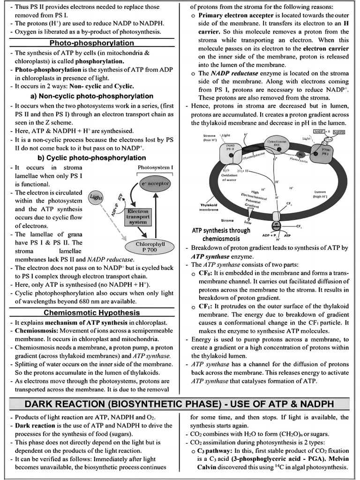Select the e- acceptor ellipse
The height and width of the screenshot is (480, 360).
click(155, 183)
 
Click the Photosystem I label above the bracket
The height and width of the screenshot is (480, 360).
click(156, 167)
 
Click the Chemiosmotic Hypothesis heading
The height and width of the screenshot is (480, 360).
click(91, 312)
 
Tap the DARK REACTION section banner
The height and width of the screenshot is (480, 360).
click(180, 404)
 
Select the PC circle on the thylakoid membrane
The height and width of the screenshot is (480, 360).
click(300, 155)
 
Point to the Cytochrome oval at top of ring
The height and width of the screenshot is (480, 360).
click(273, 143)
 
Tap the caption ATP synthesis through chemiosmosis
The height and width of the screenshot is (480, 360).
click(221, 234)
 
